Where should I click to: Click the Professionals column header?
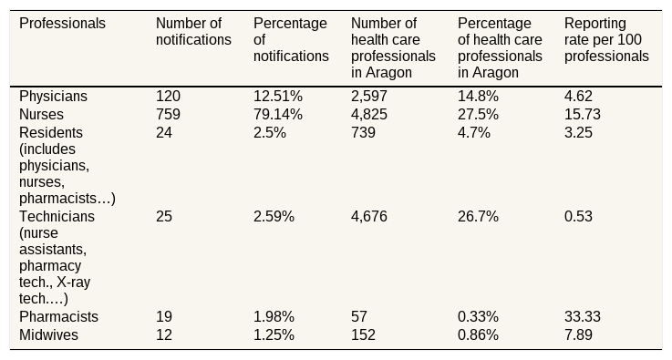[62, 23]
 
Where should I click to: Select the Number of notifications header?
[193, 31]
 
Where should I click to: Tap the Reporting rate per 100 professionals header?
[606, 39]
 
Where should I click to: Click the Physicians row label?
[53, 96]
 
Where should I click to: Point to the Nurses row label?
[41, 115]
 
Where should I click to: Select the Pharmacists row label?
[58, 317]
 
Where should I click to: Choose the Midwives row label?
[48, 334]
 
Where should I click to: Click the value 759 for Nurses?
[168, 115]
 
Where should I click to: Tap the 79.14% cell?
[278, 115]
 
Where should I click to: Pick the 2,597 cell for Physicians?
[369, 96]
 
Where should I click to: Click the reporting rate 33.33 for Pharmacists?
[583, 317]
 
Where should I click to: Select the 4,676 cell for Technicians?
[369, 216]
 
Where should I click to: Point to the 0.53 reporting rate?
[578, 216]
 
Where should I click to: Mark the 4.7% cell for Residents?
[473, 133]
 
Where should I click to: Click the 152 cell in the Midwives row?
[363, 334]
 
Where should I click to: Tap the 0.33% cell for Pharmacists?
[478, 317]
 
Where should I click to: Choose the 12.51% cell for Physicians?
[278, 96]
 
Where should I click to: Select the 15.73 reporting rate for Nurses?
[583, 115]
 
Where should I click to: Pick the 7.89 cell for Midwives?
[578, 334]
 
